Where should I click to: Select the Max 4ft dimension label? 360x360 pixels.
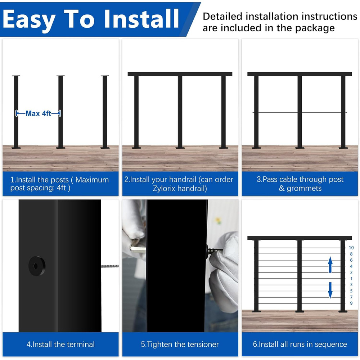tap(38, 113)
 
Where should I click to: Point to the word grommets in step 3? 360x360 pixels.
tap(304, 188)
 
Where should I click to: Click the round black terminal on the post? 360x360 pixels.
tap(37, 266)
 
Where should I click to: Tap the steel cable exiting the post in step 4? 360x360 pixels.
tap(110, 266)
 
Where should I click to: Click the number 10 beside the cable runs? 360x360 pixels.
tap(351, 248)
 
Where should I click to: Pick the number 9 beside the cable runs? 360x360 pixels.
tap(351, 303)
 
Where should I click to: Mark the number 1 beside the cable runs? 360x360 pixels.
tap(351, 278)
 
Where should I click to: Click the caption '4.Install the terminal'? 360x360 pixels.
tap(60, 344)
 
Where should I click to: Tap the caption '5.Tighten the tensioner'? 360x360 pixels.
tap(180, 344)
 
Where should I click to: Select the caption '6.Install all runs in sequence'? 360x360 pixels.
tap(300, 344)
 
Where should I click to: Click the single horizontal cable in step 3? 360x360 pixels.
tap(277, 112)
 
